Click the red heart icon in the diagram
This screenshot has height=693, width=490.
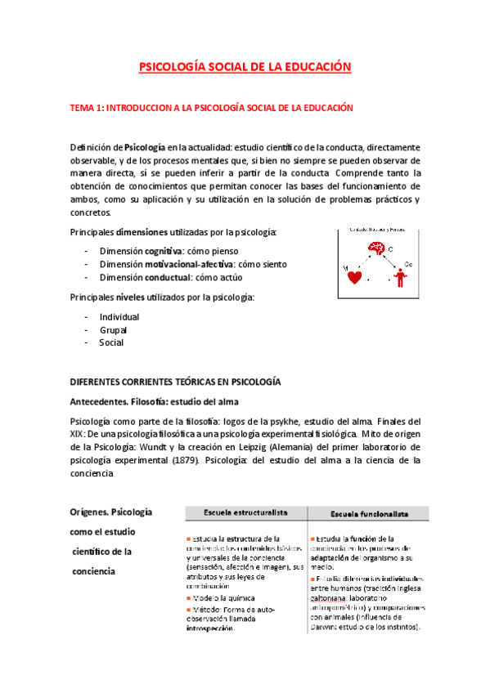coord(355,277)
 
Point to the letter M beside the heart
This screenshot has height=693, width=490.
coord(344,267)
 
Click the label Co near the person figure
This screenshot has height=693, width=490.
coord(408,265)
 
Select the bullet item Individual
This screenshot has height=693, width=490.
coord(119,316)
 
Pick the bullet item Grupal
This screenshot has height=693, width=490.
coord(114,329)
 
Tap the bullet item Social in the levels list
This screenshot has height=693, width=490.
coord(111,342)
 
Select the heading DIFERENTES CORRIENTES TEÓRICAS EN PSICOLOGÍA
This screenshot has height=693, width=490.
coord(175,382)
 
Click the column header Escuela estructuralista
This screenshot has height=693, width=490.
coord(245,512)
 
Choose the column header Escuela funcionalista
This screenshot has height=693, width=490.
coord(369,513)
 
